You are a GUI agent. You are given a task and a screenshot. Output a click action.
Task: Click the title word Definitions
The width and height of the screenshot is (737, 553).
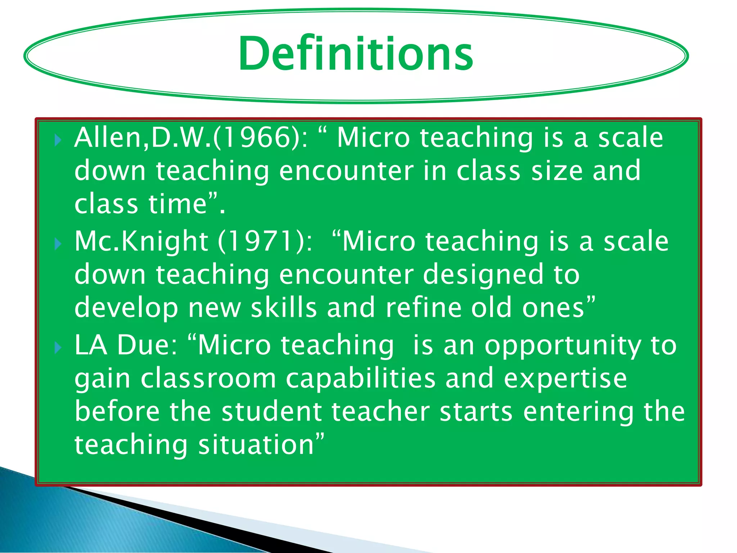pyautogui.click(x=356, y=54)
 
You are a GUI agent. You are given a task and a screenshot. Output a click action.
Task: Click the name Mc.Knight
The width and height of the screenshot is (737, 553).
pyautogui.click(x=141, y=242)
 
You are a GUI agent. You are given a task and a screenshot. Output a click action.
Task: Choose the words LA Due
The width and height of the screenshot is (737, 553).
pyautogui.click(x=126, y=345)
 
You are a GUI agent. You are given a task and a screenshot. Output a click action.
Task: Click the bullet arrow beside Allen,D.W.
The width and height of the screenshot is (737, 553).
pyautogui.click(x=58, y=140)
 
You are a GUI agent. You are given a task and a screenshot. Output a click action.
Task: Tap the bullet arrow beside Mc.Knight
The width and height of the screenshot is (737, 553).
pyautogui.click(x=58, y=244)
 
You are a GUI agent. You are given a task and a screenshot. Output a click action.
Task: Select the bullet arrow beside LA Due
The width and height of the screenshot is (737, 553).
pyautogui.click(x=58, y=348)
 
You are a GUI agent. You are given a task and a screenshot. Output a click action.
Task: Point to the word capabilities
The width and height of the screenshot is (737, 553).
pyautogui.click(x=360, y=379)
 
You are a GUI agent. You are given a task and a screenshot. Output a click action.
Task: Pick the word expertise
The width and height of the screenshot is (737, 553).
pyautogui.click(x=565, y=379)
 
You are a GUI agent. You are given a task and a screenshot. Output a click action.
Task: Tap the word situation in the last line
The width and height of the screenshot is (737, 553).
pyautogui.click(x=256, y=445)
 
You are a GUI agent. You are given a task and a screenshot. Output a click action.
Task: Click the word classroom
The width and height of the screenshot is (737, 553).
pyautogui.click(x=208, y=379)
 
